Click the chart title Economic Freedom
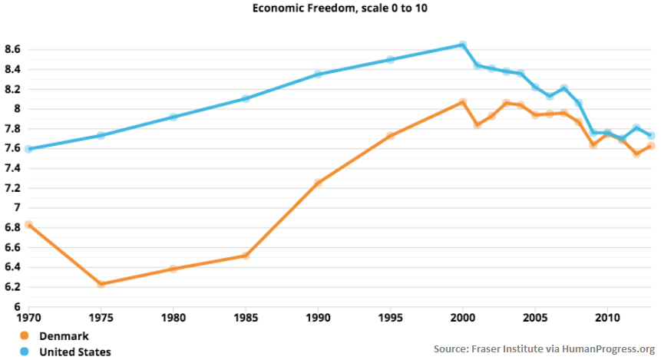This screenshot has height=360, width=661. click(x=330, y=8)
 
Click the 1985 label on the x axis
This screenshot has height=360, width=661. click(x=246, y=317)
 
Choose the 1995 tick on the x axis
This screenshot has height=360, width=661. click(x=390, y=317)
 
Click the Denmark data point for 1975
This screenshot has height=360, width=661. click(x=101, y=284)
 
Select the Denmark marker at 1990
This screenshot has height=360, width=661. click(x=318, y=183)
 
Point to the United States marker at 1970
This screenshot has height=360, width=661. click(x=29, y=149)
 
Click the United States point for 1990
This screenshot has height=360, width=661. click(x=318, y=74)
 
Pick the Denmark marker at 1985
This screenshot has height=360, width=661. click(x=246, y=256)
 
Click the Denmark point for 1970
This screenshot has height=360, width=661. click(x=29, y=225)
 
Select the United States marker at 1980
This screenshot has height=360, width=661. click(x=174, y=117)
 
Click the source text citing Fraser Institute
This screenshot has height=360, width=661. click(x=544, y=348)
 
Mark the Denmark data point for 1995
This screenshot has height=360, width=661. click(x=390, y=136)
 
